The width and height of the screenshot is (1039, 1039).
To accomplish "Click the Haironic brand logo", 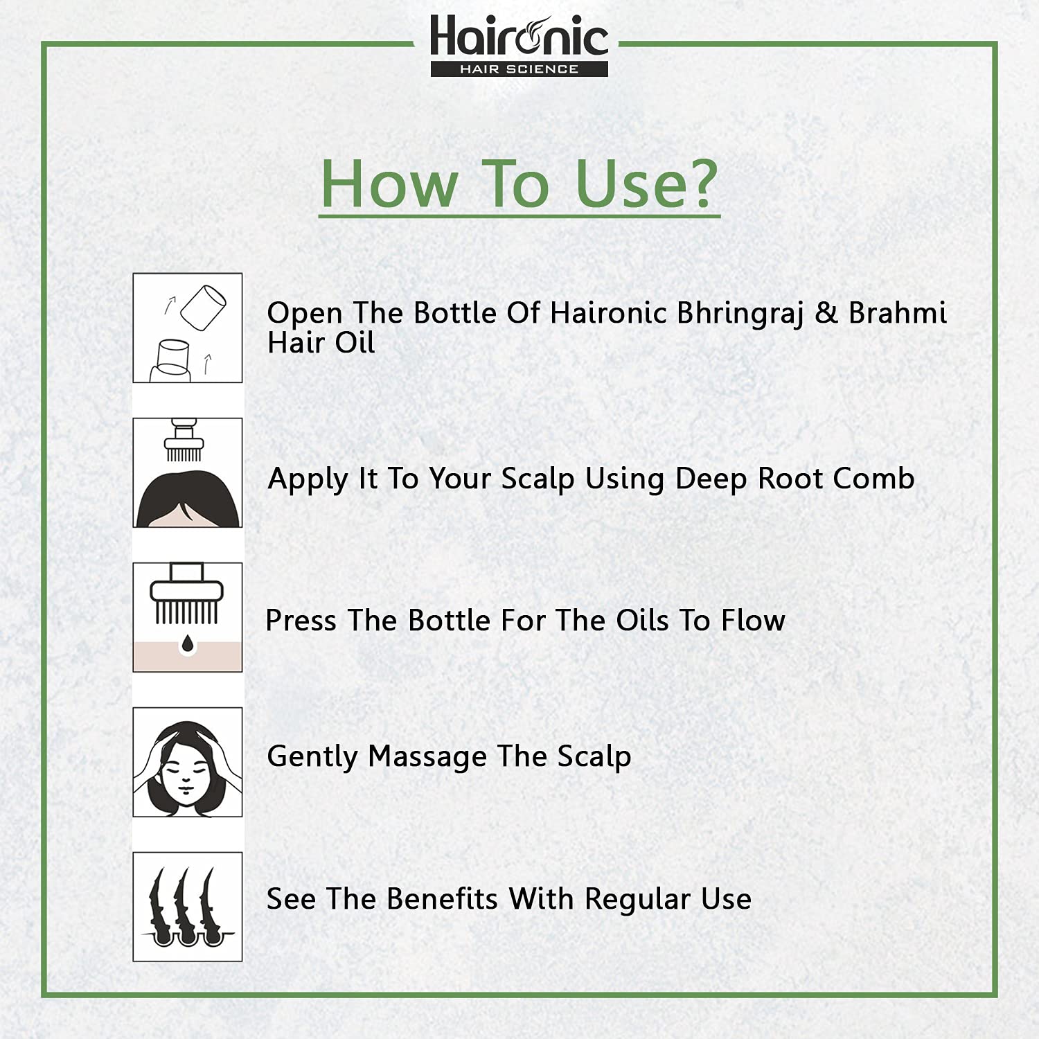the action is pyautogui.click(x=519, y=45).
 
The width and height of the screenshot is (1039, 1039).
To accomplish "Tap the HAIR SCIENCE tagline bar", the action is pyautogui.click(x=519, y=69).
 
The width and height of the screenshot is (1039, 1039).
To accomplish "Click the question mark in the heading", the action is pyautogui.click(x=695, y=183).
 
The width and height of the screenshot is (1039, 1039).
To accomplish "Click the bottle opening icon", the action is pyautogui.click(x=188, y=328).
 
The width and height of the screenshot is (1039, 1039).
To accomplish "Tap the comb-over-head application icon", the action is pyautogui.click(x=188, y=472).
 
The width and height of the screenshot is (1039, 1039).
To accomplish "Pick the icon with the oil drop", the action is pyautogui.click(x=188, y=617).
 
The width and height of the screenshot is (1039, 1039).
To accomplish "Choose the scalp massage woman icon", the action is pyautogui.click(x=188, y=762).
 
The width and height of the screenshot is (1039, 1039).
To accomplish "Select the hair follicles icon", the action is pyautogui.click(x=188, y=907).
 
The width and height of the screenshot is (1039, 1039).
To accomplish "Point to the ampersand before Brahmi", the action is pyautogui.click(x=826, y=312).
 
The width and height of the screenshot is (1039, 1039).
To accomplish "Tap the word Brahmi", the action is pyautogui.click(x=898, y=312).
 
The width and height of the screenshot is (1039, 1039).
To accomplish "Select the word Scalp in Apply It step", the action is pyautogui.click(x=538, y=479).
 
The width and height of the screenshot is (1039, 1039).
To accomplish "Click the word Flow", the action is pyautogui.click(x=753, y=620).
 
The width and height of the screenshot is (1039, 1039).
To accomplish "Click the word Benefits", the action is pyautogui.click(x=442, y=898).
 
